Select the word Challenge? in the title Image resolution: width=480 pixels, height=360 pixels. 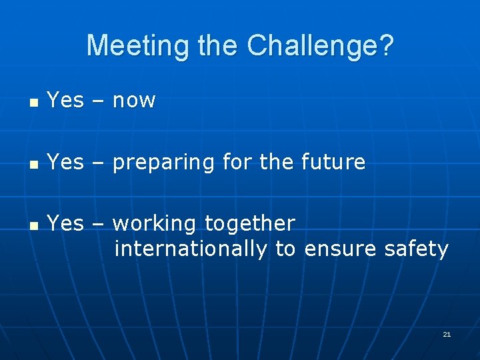click(321, 45)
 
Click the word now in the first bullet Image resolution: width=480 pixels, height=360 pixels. click(134, 101)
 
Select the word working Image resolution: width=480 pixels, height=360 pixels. click(156, 224)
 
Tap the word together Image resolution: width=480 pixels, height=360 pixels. click(250, 224)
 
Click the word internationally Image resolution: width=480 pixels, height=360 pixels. click(191, 249)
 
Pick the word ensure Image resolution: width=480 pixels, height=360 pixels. click(341, 249)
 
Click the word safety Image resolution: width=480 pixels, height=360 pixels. click(416, 249)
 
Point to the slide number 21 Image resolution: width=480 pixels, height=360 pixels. click(447, 334)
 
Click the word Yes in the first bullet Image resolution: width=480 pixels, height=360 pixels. click(65, 101)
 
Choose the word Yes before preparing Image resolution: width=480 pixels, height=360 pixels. click(65, 162)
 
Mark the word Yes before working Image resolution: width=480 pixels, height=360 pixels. click(65, 223)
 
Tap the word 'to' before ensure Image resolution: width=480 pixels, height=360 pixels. click(285, 249)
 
